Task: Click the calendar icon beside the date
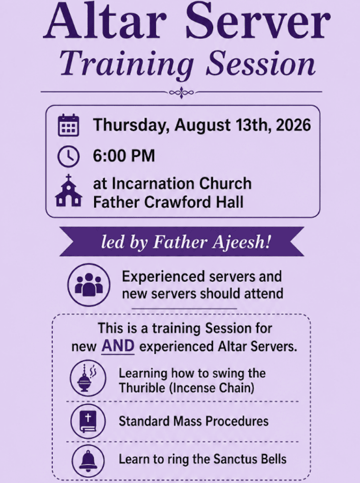point(69,125)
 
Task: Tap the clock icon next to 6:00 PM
point(68,156)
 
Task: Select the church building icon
point(68,191)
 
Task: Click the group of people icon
point(89,284)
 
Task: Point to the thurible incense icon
point(88,378)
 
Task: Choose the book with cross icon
point(88,421)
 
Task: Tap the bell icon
point(88,461)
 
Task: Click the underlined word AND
point(118,346)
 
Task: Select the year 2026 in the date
point(293,125)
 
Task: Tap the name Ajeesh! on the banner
point(242,242)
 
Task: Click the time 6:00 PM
point(124,156)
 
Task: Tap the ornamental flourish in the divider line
point(181,92)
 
